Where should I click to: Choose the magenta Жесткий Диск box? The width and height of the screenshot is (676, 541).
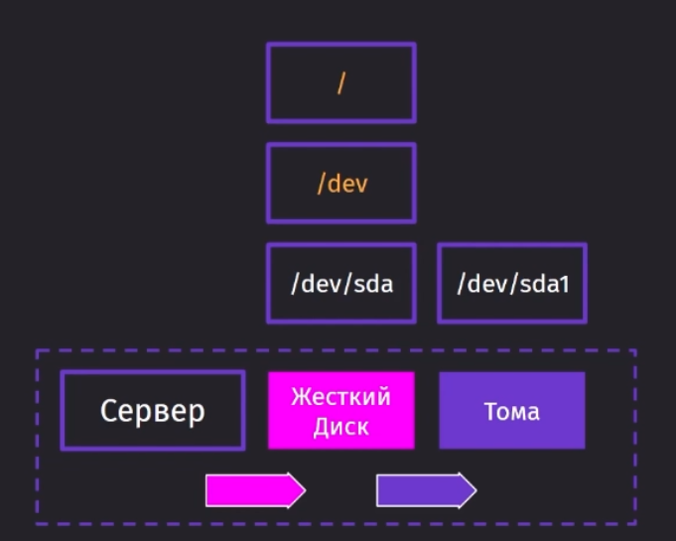pyautogui.click(x=341, y=410)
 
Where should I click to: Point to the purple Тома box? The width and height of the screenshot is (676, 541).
pyautogui.click(x=512, y=410)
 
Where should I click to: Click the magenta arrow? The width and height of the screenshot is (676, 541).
pyautogui.click(x=256, y=490)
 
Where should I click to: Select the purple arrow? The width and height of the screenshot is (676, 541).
pyautogui.click(x=427, y=490)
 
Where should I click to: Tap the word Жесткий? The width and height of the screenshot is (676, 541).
pyautogui.click(x=341, y=396)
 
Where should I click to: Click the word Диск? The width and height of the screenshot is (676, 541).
pyautogui.click(x=341, y=427)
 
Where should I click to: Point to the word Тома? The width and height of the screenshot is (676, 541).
pyautogui.click(x=512, y=411)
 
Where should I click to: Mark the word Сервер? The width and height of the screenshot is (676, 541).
pyautogui.click(x=153, y=411)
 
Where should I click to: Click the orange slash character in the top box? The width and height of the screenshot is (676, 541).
pyautogui.click(x=341, y=82)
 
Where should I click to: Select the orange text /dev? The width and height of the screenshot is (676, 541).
pyautogui.click(x=342, y=184)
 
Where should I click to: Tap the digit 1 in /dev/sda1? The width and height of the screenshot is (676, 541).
pyautogui.click(x=564, y=285)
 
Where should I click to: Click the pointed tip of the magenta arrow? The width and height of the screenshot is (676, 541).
pyautogui.click(x=306, y=490)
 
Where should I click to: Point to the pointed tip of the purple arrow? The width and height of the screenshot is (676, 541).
pyautogui.click(x=476, y=490)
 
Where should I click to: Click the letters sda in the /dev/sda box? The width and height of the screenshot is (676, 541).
pyautogui.click(x=373, y=284)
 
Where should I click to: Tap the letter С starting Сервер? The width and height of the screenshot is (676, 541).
pyautogui.click(x=108, y=410)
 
